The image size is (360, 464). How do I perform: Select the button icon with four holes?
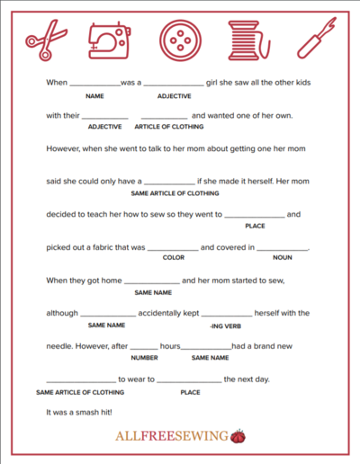tap(177, 40)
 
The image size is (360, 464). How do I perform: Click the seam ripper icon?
tap(314, 40)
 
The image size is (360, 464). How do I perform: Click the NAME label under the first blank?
tap(94, 94)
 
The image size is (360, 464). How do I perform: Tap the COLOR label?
tap(173, 257)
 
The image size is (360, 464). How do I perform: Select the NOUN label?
tap(282, 257)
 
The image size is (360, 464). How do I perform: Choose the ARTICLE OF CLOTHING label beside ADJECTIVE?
tap(164, 127)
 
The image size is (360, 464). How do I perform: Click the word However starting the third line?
tap(64, 147)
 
